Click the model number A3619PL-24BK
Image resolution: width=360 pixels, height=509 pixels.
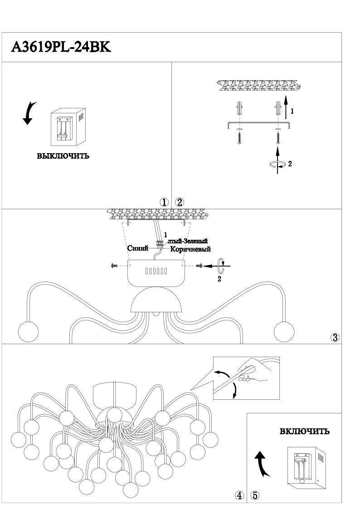tap(61, 47)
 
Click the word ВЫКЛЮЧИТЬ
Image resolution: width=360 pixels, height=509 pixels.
tap(63, 156)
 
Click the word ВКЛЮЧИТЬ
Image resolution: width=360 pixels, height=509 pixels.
tap(304, 431)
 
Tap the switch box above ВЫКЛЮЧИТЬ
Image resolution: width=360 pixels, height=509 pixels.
tap(68, 127)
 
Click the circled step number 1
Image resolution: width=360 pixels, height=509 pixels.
tap(165, 202)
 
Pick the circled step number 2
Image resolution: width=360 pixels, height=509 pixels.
tap(180, 202)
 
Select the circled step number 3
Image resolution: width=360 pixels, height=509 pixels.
tap(335, 337)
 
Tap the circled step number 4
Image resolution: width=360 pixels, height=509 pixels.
tap(239, 495)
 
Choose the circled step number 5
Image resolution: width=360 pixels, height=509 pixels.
tap(255, 495)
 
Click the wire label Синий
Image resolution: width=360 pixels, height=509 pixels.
tap(138, 248)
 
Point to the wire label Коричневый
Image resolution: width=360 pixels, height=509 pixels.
tap(191, 249)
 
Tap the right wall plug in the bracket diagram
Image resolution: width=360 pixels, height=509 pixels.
tap(277, 109)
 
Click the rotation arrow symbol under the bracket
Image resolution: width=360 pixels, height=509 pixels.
tap(277, 165)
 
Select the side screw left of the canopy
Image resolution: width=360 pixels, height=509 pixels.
tap(114, 266)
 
